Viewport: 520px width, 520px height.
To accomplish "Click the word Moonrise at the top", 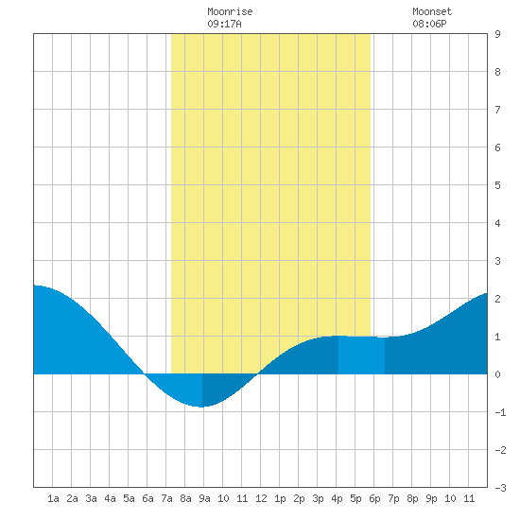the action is click(230, 11).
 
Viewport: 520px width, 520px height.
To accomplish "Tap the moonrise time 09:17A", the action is click(224, 24).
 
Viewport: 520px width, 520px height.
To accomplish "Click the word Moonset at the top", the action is click(432, 11).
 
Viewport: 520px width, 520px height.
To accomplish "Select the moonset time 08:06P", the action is click(429, 24).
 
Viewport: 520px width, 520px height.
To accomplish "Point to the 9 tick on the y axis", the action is click(497, 34).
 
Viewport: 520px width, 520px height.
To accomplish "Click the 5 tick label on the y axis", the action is click(497, 185).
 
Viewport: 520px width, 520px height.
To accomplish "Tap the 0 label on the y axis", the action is click(497, 374).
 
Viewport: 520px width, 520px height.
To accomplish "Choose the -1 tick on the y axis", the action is click(500, 412).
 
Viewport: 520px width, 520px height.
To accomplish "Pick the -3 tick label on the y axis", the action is click(500, 488).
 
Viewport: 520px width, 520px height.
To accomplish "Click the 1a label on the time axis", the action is click(53, 498).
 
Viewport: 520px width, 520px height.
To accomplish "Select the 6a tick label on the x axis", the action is click(147, 498).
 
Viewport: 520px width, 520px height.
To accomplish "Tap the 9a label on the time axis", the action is click(204, 498).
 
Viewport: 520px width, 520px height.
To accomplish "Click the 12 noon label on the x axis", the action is click(261, 498).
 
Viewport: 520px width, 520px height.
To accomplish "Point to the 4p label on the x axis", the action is click(337, 498).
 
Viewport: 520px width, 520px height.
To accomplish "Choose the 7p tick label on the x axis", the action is click(393, 498).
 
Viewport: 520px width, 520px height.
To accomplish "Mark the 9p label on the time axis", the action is click(431, 498).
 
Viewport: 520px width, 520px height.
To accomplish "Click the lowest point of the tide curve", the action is click(201, 407).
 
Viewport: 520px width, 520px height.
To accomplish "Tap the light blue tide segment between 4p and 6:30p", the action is click(361, 355).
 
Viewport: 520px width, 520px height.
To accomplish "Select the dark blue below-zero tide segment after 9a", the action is click(226, 387).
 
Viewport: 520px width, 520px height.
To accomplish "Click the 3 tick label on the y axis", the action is click(497, 261).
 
